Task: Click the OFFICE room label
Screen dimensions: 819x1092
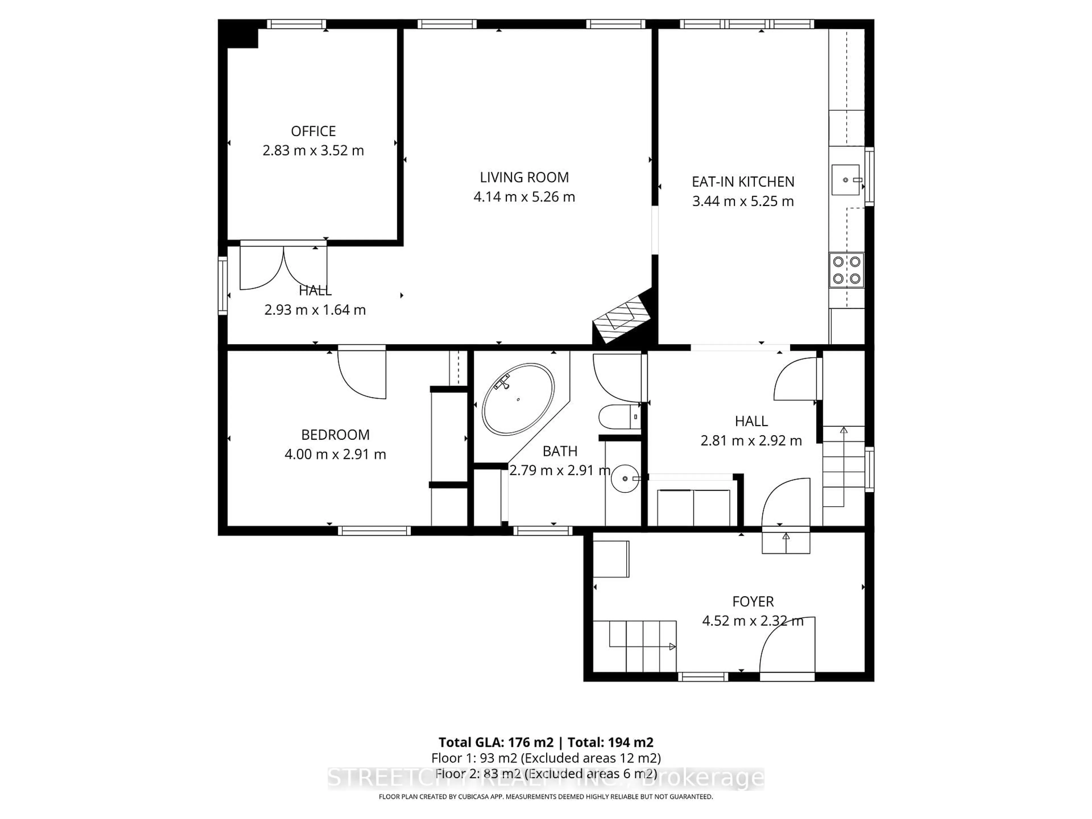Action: point(313,131)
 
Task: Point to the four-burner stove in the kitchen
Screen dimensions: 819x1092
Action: point(846,270)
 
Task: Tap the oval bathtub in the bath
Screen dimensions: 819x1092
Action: point(518,399)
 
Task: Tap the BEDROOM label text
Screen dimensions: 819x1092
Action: point(335,435)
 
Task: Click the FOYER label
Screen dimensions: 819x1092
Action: point(752,602)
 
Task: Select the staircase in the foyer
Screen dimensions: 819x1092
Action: point(634,646)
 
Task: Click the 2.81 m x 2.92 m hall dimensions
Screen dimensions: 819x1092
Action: point(751,440)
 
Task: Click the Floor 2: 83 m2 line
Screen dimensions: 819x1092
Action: point(545,773)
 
